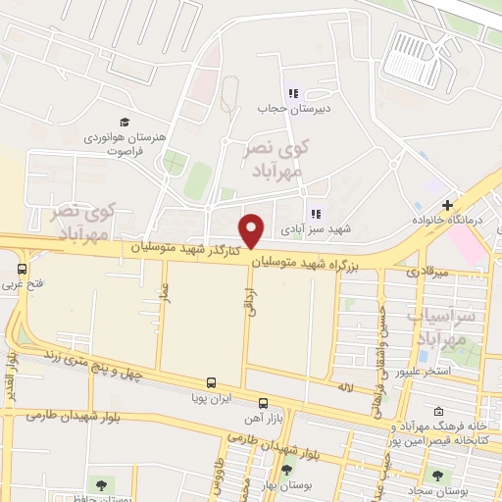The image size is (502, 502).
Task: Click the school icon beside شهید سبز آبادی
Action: pos(315,213)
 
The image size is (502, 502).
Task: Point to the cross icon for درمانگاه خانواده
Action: pos(447,206)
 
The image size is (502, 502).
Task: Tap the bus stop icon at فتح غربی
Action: pos(22,268)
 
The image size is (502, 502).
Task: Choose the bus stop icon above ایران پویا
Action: pos(211,384)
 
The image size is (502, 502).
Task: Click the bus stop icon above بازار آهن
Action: pos(263,402)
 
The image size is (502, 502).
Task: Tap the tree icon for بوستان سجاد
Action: pos(437,478)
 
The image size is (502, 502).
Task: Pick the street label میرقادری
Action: pos(427,270)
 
